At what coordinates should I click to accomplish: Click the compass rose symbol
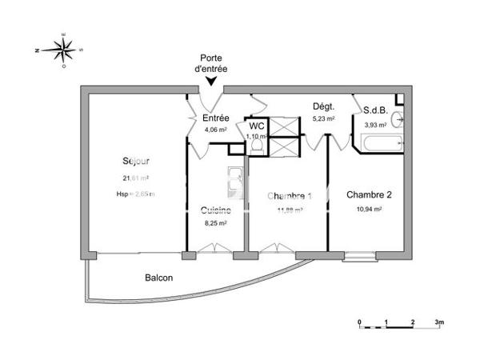pos(63,50)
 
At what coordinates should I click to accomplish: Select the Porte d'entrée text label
pos(212,64)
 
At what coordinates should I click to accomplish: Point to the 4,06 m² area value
pos(216,129)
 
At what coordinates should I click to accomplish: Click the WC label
pos(256,126)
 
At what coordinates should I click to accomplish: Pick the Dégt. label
pos(323,107)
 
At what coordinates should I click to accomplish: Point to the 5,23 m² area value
pos(323,118)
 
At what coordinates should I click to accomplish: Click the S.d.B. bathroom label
pos(375,111)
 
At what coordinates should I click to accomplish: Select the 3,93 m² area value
pos(375,125)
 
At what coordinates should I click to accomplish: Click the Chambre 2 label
pos(369,194)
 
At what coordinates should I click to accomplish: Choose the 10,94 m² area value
pos(369,209)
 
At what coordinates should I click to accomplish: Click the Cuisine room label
pos(216,210)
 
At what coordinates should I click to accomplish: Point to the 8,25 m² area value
pos(216,225)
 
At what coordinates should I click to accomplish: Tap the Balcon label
pos(158,278)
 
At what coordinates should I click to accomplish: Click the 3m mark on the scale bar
pos(439,321)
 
